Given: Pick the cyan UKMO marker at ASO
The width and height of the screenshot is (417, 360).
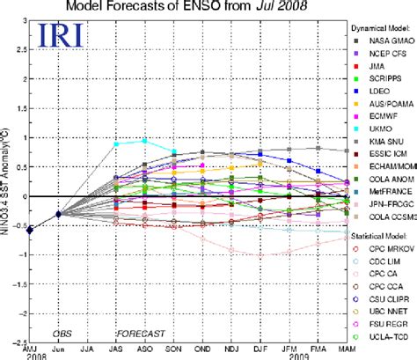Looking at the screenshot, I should (145, 141).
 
